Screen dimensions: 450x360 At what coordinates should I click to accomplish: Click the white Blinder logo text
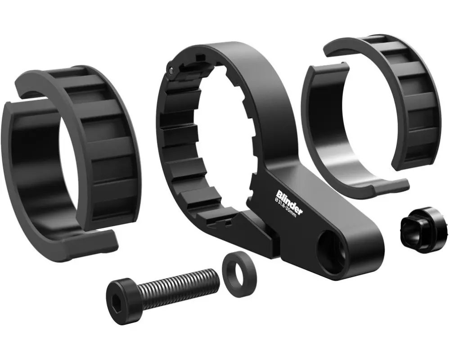click(288, 201)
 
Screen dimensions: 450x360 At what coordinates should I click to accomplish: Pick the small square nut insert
click(423, 230)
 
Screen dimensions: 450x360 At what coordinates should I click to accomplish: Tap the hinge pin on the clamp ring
click(171, 69)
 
